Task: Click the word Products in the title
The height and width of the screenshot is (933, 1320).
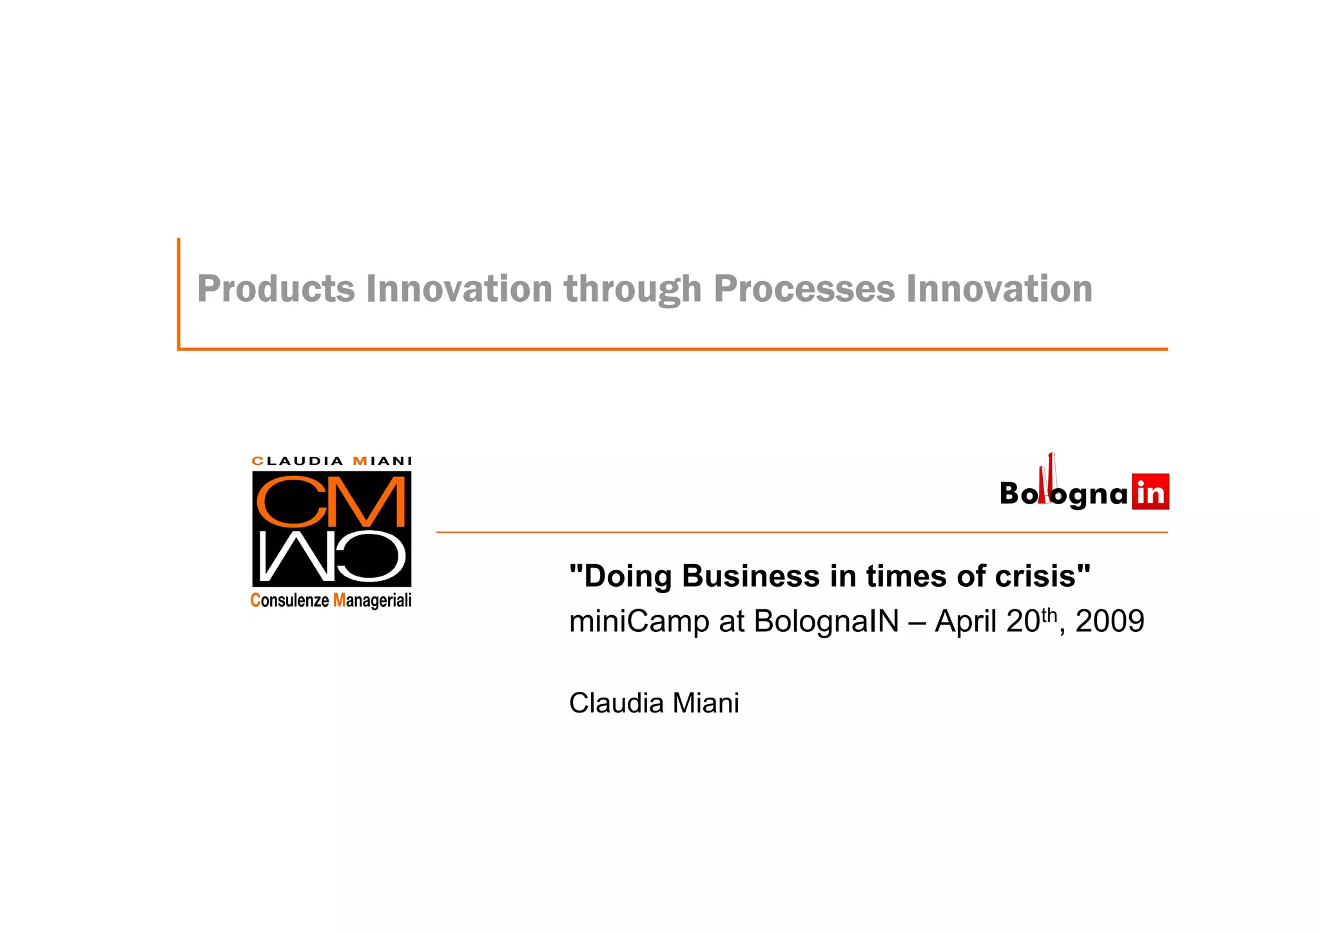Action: pyautogui.click(x=276, y=288)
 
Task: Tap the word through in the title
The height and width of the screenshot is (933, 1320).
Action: pyautogui.click(x=633, y=288)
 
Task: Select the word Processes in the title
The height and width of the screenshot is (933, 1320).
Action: pyautogui.click(x=804, y=288)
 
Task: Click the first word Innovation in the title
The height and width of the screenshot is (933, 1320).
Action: pyautogui.click(x=459, y=288)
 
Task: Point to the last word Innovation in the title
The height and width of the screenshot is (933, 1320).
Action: pyautogui.click(x=999, y=288)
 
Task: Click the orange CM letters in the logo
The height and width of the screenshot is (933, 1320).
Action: pyautogui.click(x=331, y=502)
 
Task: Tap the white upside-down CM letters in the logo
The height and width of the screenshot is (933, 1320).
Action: pyautogui.click(x=331, y=556)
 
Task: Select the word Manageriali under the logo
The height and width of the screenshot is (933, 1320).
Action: pyautogui.click(x=372, y=600)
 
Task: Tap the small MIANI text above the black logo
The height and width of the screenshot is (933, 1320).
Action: pyautogui.click(x=382, y=461)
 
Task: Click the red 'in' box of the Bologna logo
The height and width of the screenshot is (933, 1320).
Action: pyautogui.click(x=1150, y=493)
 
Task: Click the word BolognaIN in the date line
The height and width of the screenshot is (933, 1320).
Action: pyautogui.click(x=826, y=622)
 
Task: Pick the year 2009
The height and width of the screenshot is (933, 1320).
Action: pyautogui.click(x=1110, y=622)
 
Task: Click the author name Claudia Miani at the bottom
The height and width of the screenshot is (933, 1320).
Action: pyautogui.click(x=654, y=703)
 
